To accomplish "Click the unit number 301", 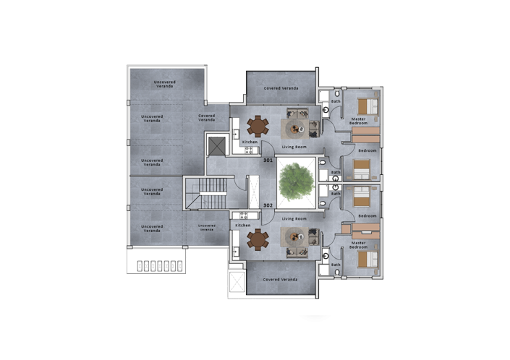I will pyautogui.click(x=268, y=160).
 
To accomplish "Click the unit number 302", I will pyautogui.click(x=268, y=205).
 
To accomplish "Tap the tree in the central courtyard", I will pyautogui.click(x=295, y=178).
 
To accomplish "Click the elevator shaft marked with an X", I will pyautogui.click(x=216, y=145).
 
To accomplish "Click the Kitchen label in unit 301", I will pyautogui.click(x=250, y=142).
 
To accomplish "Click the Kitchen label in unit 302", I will pyautogui.click(x=243, y=225).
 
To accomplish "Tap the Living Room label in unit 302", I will pyautogui.click(x=294, y=218).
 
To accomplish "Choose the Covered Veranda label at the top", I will pyautogui.click(x=281, y=88).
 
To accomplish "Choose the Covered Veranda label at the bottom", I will pyautogui.click(x=281, y=279).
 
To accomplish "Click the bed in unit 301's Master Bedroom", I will pyautogui.click(x=367, y=106).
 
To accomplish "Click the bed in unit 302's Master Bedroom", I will pyautogui.click(x=367, y=259).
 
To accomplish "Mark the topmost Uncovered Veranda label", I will pyautogui.click(x=165, y=84).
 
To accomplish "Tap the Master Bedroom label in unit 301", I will pyautogui.click(x=359, y=121).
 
